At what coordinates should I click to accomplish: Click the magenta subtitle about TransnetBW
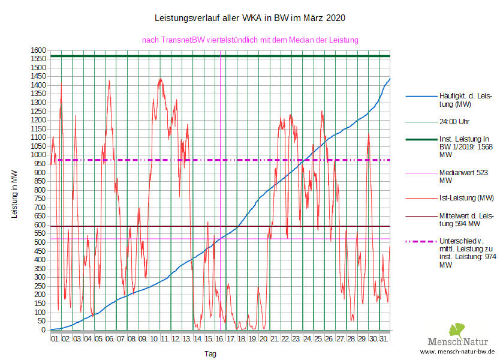click(x=250, y=40)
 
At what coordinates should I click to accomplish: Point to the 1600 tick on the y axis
click(x=38, y=50)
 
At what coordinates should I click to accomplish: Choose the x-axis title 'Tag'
click(x=210, y=354)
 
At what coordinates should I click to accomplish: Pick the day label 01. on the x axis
click(x=56, y=339)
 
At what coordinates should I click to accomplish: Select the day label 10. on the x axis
click(x=155, y=339)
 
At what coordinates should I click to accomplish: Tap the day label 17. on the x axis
click(x=231, y=339)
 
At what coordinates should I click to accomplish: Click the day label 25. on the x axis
click(x=318, y=339)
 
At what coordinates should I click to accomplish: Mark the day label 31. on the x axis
click(x=384, y=339)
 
